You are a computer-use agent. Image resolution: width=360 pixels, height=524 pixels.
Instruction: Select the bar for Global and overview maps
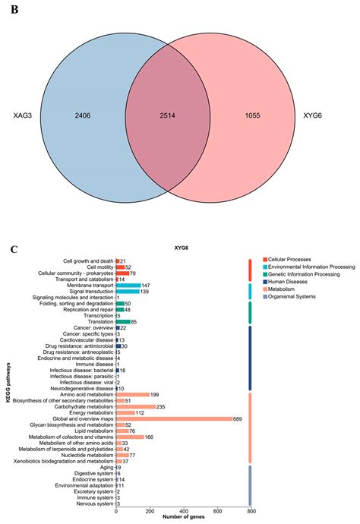point(174,418)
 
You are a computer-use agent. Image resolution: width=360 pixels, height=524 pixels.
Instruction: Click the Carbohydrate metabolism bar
point(136,406)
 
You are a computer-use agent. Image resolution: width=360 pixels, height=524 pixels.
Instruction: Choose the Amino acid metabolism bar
point(133,394)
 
